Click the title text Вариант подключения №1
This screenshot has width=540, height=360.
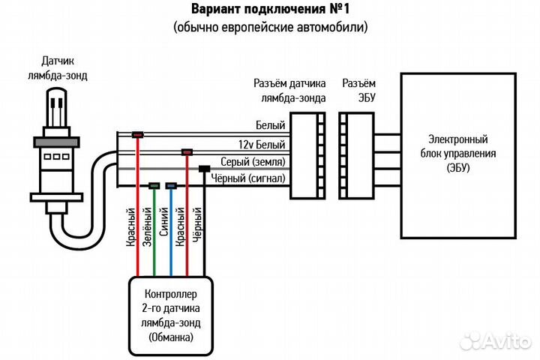(271, 10)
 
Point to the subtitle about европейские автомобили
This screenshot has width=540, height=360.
(271, 28)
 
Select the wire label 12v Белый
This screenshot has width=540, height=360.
(260, 145)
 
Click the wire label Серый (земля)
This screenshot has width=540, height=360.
(253, 162)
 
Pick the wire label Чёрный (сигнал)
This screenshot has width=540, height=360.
(249, 178)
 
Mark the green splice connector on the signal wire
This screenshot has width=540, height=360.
(154, 185)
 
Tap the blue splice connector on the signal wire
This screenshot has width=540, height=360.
(171, 185)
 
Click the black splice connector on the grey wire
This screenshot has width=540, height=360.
(203, 169)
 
